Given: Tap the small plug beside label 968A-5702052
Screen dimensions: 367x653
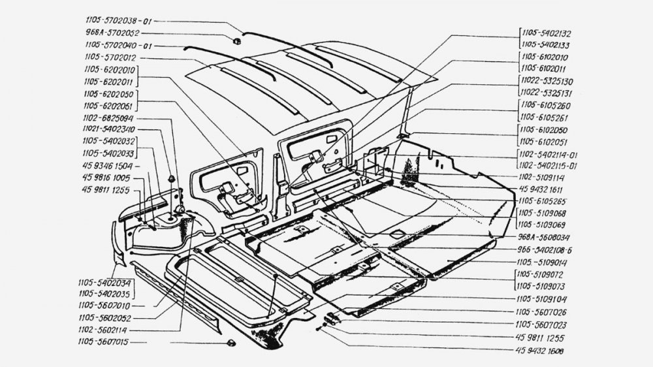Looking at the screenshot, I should [236, 40].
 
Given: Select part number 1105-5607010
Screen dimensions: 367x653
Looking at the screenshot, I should [106, 305].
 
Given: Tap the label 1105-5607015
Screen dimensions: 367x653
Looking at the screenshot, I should [106, 342].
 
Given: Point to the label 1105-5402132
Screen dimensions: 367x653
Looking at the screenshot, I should [547, 33].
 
